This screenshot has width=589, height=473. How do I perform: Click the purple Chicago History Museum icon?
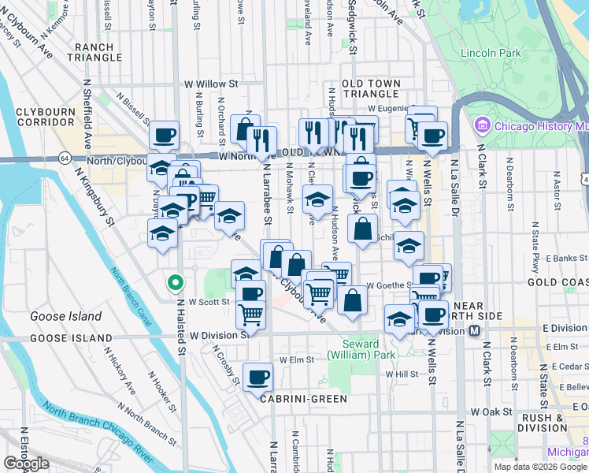(x=482, y=125)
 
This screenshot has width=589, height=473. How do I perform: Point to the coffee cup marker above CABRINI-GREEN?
(x=257, y=377)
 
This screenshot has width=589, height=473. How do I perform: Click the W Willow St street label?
(x=211, y=84)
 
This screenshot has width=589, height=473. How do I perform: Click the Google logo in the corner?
(x=26, y=464)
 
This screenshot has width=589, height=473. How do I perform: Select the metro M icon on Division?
(x=475, y=331)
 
